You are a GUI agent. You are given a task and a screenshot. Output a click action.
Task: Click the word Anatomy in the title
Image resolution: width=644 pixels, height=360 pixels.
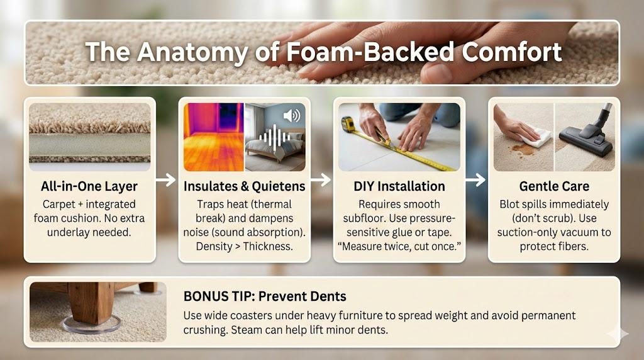[x=192, y=53]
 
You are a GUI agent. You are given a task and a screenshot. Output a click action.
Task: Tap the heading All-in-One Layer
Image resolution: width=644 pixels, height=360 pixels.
[x=89, y=186]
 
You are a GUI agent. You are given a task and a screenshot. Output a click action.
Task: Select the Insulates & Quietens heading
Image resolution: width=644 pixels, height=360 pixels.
[x=245, y=186]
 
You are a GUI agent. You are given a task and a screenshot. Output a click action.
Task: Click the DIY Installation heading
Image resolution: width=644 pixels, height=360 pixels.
[x=399, y=186]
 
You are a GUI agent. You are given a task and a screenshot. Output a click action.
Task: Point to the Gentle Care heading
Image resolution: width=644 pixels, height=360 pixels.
[x=554, y=186]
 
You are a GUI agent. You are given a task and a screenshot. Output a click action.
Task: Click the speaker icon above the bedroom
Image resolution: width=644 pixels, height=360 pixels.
[x=292, y=116]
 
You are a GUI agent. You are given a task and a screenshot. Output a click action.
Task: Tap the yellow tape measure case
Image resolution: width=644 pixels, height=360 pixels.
[x=348, y=123]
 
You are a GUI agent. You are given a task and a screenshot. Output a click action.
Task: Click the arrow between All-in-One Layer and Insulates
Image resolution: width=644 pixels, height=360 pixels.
[x=166, y=179]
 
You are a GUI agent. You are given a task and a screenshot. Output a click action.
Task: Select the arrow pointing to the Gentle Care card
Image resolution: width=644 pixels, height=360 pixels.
[x=476, y=179]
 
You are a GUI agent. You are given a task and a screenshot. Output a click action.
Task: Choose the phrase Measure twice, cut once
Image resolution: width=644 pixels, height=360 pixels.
[x=399, y=247]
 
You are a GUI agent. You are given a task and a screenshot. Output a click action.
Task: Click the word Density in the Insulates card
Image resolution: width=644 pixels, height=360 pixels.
[x=214, y=247]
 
